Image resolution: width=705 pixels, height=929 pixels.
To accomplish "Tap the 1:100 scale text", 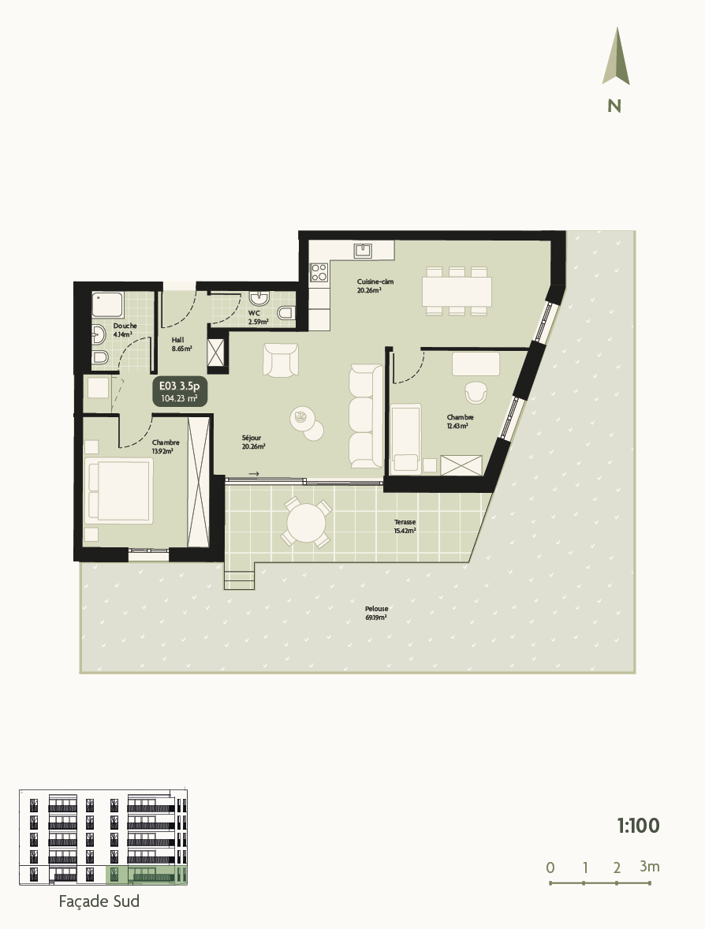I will click(637, 826).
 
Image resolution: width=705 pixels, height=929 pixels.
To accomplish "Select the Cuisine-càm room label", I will click(375, 285).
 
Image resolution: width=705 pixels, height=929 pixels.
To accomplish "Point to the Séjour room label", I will click(252, 442).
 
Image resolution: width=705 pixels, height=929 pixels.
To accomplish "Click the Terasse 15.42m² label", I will click(405, 526).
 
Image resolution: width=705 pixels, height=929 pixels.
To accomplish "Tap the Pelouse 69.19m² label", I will click(376, 613).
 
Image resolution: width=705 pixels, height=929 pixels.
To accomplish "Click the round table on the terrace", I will click(306, 523).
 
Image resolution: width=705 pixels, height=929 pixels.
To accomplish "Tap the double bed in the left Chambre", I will click(119, 491).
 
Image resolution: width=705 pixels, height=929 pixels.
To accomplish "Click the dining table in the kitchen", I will click(457, 291).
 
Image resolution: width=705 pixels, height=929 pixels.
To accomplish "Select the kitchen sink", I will click(362, 251).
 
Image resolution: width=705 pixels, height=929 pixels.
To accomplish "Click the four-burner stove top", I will click(319, 273).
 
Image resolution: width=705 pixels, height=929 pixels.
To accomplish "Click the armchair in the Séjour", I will click(282, 360).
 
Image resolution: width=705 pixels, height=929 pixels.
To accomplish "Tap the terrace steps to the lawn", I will click(240, 580).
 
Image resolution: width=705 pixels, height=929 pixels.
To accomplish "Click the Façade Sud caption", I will click(99, 901).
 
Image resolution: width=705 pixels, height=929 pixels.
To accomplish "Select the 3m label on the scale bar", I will click(650, 867).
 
